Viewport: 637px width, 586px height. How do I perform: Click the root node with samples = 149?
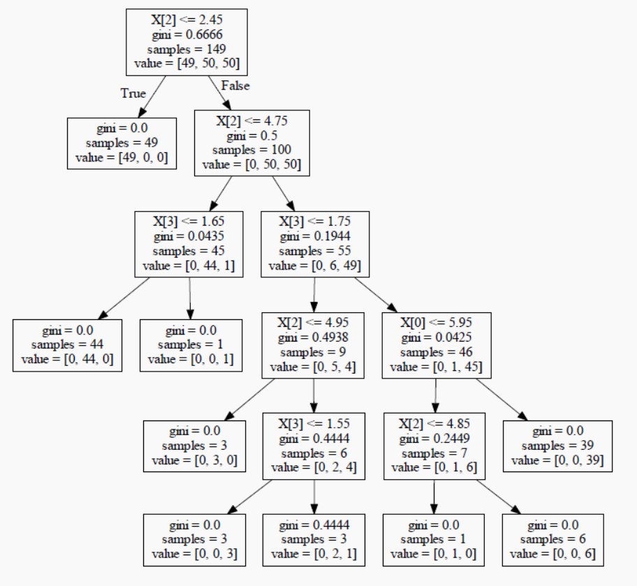point(186,42)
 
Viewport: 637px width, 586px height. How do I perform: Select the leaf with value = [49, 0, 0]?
point(122,143)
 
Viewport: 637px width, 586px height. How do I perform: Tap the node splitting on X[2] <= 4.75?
point(251,143)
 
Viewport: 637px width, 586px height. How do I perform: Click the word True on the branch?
point(133,93)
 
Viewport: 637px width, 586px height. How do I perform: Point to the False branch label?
point(235,86)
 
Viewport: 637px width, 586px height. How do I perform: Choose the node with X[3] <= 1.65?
point(189,244)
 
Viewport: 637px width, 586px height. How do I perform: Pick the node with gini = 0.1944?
point(314,244)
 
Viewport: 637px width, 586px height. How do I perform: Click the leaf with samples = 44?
point(67,345)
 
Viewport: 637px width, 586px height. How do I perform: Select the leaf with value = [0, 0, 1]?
point(191,345)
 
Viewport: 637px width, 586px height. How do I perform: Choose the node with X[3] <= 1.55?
point(314,446)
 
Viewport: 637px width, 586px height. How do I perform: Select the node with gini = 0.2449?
point(434,446)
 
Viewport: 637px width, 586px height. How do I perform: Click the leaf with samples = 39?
point(557,446)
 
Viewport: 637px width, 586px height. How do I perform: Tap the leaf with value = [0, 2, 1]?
point(314,539)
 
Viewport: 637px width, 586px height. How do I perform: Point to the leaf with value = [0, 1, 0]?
point(434,539)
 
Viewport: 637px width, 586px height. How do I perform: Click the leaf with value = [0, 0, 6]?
point(552,539)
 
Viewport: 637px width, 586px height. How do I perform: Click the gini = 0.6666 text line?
point(186,35)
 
